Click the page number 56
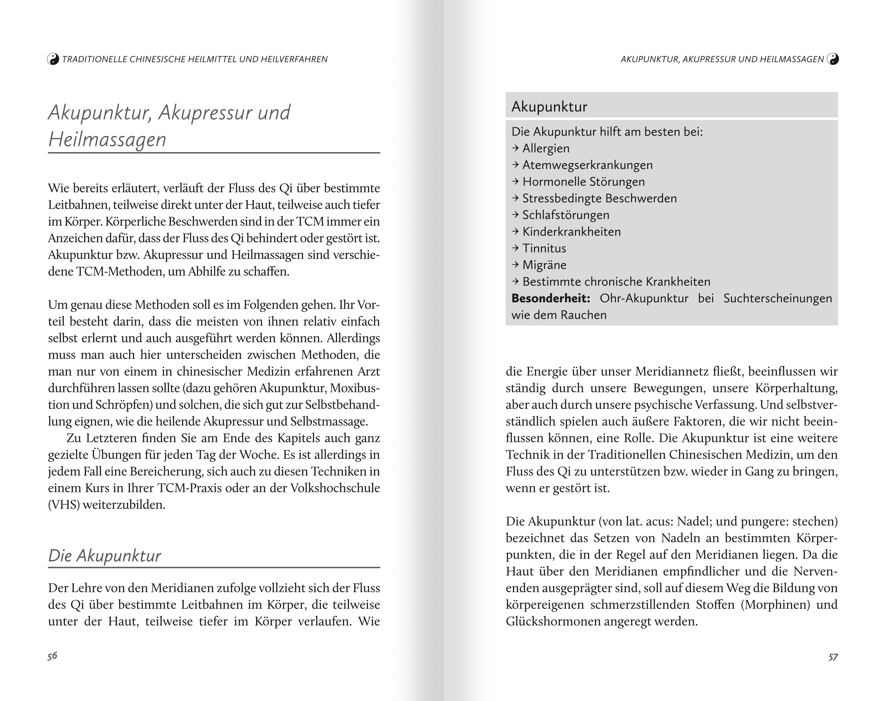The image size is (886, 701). tap(52, 655)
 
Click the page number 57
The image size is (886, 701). tap(833, 657)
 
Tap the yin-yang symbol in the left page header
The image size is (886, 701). tap(53, 59)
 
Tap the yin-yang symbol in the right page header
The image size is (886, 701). tap(833, 59)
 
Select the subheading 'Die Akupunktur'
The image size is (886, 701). tap(105, 555)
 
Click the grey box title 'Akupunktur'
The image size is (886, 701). tap(549, 107)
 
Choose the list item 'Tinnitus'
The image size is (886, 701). tap(544, 248)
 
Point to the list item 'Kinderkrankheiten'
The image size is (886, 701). tap(571, 231)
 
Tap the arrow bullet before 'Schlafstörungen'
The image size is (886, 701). tap(516, 215)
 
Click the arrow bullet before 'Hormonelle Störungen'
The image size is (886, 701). tap(516, 181)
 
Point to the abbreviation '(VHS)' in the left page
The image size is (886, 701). tap(64, 505)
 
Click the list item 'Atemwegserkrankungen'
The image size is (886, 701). tap(587, 165)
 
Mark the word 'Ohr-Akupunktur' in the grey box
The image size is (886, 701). tap(644, 298)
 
